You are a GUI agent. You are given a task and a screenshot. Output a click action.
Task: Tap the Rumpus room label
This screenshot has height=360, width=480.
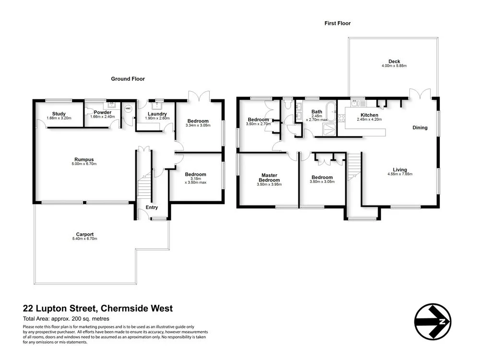pyautogui.click(x=84, y=159)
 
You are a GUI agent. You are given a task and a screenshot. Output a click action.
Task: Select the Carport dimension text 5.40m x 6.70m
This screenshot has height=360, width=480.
pyautogui.click(x=84, y=239)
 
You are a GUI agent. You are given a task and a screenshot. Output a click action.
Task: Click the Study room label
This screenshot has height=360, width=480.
pyautogui.click(x=59, y=113)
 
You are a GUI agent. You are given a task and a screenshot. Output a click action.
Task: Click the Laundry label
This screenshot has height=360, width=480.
pyautogui.click(x=157, y=114)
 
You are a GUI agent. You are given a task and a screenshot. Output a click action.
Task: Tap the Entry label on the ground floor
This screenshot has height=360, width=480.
pyautogui.click(x=152, y=207)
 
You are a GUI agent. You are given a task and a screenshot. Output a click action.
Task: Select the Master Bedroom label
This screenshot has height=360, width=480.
pyautogui.click(x=270, y=178)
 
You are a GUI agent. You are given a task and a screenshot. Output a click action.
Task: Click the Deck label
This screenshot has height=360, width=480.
pyautogui.click(x=394, y=61)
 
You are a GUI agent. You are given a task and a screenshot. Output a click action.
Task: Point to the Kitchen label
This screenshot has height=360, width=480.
pyautogui.click(x=370, y=115)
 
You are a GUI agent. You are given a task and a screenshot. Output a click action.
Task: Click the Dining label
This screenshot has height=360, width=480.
pyautogui.click(x=421, y=128)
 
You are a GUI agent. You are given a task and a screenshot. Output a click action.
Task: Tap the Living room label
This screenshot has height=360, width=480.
pyautogui.click(x=400, y=169)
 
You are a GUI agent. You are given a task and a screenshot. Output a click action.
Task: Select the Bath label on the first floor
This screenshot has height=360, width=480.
pyautogui.click(x=317, y=111)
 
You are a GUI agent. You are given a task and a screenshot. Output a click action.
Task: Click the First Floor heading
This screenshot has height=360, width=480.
pyautogui.click(x=338, y=23)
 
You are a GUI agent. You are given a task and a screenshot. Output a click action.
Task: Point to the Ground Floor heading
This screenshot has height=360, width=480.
pyautogui.click(x=128, y=79)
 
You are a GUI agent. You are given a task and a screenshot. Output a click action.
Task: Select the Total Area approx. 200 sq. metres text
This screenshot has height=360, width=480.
pyautogui.click(x=66, y=319)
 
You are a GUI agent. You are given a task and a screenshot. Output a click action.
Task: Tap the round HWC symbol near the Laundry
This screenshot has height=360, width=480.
pyautogui.click(x=127, y=109)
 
